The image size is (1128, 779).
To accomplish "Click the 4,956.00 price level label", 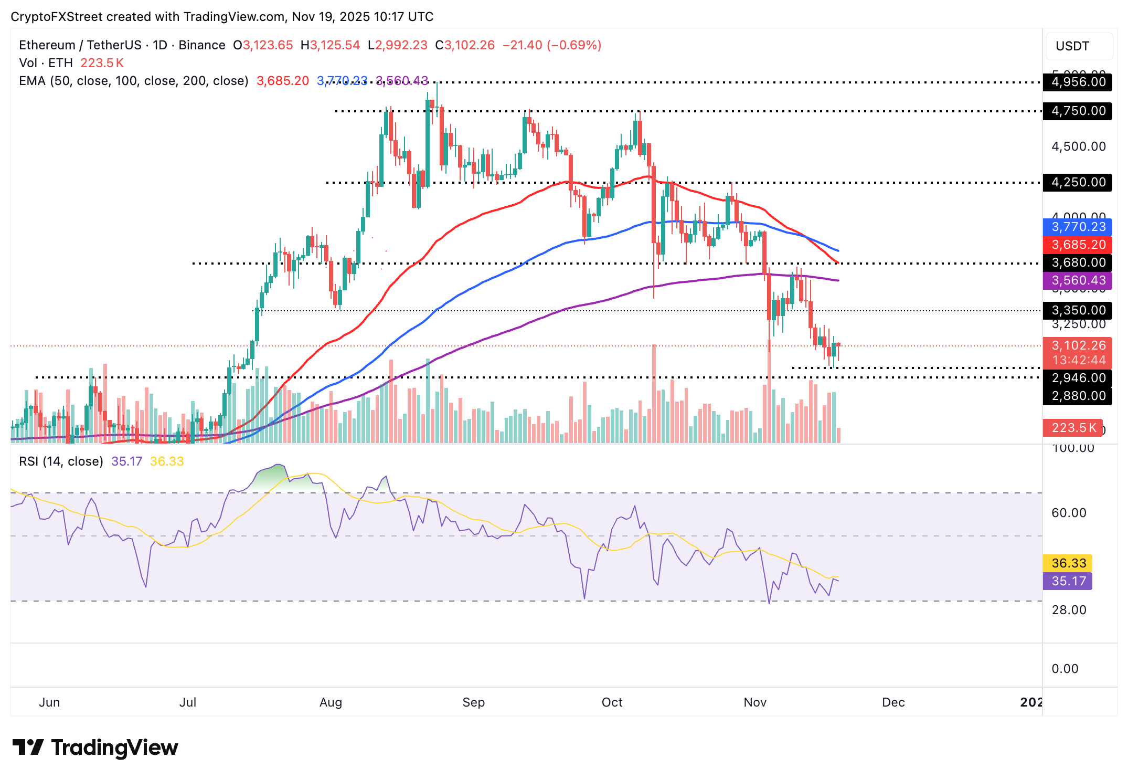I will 1078,82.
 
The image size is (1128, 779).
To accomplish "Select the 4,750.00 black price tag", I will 1078,111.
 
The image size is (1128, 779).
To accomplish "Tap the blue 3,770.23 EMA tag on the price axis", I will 1078,227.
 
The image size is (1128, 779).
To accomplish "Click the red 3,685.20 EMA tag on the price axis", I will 1078,245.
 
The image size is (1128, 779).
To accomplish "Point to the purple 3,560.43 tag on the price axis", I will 1078,280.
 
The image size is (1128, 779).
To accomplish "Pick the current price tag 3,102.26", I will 1078,345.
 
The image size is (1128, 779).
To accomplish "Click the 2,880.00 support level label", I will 1078,396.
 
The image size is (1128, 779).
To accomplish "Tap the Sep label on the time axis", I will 473,702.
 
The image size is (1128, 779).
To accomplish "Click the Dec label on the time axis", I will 893,702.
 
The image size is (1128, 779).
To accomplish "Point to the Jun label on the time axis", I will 49,702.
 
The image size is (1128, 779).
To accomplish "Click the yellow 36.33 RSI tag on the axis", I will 1068,563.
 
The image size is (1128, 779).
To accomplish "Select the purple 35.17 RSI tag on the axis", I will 1068,581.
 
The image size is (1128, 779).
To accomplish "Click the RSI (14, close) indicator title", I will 61,461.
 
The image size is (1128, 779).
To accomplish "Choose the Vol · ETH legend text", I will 46,63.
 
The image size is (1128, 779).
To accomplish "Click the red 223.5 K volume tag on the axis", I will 1073,428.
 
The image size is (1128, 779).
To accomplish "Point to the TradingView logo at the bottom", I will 95,748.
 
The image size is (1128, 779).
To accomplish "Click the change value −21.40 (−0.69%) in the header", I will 551,45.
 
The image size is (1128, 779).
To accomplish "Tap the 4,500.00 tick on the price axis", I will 1078,146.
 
